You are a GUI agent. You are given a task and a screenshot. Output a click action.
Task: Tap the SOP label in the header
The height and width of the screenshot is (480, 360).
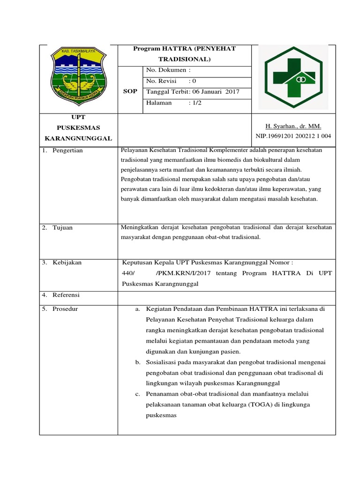point(130,91)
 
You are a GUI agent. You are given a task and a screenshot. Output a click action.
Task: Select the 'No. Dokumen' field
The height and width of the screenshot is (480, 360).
point(169,70)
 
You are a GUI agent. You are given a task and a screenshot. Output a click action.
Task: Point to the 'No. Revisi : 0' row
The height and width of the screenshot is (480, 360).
point(171,81)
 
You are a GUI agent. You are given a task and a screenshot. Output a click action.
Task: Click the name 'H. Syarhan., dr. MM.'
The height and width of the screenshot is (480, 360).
point(293,127)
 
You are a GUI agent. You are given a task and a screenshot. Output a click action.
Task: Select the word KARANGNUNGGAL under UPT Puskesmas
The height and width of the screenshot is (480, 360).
point(78,138)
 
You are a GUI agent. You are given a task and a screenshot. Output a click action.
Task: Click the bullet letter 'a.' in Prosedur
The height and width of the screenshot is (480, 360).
point(138,309)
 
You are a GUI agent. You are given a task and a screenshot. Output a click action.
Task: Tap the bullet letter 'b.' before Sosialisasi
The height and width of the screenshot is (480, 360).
point(138,362)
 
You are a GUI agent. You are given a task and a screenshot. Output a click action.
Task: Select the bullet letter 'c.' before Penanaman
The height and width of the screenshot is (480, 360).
point(138,394)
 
